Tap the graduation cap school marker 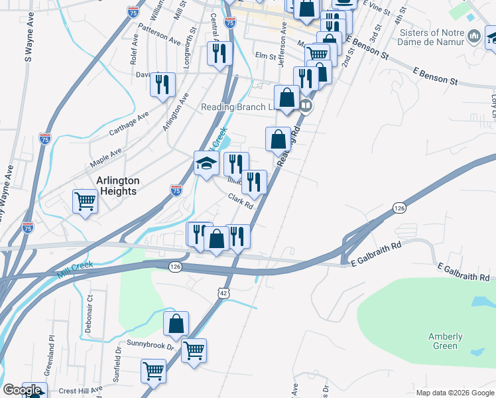point(206,163)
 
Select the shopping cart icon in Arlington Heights point(86,201)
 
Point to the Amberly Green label point(445,341)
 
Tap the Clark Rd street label point(241,200)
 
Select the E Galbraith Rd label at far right point(464,271)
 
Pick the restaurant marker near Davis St point(162,85)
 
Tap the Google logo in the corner point(23,390)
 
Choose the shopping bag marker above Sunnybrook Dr point(176,325)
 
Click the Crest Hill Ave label point(78,389)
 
